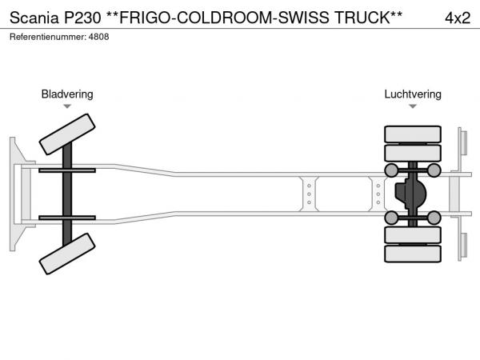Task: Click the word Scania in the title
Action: (x=33, y=17)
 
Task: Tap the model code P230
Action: (x=83, y=17)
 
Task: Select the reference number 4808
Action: (x=98, y=37)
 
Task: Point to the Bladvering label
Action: (x=67, y=94)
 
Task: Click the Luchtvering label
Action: (x=413, y=94)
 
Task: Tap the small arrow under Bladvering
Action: (x=67, y=106)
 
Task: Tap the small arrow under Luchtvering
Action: (x=413, y=106)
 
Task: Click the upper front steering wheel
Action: (x=67, y=134)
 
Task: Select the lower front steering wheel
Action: (x=67, y=256)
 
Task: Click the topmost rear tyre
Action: (x=413, y=134)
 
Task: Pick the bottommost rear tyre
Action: (x=413, y=254)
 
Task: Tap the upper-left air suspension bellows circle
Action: (x=391, y=170)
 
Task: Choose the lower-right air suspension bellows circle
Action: (x=434, y=217)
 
